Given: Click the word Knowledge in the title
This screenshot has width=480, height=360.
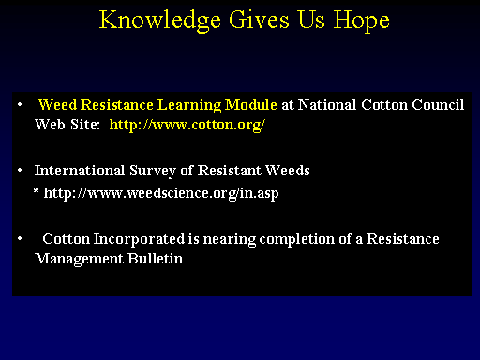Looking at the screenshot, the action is click(x=160, y=21).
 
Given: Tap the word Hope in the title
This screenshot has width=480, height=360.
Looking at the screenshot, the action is click(x=361, y=22).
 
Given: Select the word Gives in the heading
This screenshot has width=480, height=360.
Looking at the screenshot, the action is click(x=259, y=20).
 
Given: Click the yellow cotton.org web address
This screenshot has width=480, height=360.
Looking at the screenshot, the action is click(x=187, y=125).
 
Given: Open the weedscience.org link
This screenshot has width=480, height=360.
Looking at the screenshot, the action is click(x=161, y=193).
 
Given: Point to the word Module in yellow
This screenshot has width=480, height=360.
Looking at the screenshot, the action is click(x=251, y=105).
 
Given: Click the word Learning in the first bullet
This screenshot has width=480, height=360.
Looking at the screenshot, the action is click(x=189, y=105).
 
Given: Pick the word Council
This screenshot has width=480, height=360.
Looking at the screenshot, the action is click(x=438, y=105).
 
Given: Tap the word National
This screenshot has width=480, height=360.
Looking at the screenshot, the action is click(x=327, y=105).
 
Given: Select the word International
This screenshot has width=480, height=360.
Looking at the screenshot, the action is click(x=80, y=171).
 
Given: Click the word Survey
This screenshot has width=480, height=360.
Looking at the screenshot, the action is click(x=153, y=172).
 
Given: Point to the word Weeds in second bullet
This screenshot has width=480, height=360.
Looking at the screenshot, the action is click(x=288, y=171).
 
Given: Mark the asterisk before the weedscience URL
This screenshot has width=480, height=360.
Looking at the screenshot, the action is click(x=37, y=190).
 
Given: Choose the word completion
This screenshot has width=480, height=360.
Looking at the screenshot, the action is click(x=297, y=239).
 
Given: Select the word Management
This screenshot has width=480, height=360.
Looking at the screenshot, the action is click(x=79, y=260).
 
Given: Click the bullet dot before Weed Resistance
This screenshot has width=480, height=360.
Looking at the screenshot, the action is click(x=20, y=105).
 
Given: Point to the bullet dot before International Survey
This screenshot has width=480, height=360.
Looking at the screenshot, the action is click(x=20, y=171).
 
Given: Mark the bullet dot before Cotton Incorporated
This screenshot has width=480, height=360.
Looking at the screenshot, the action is click(x=20, y=239).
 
